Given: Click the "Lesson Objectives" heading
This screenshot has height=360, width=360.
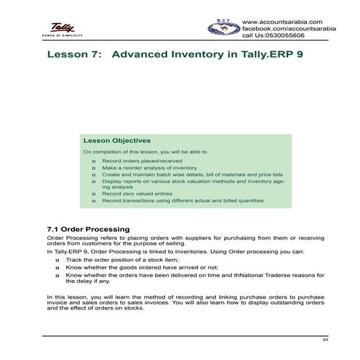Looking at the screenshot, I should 117,140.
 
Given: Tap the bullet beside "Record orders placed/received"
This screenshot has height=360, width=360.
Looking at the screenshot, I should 95,159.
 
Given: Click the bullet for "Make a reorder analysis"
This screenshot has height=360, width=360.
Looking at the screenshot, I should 95,167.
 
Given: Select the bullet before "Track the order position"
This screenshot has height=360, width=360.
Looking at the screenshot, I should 57,259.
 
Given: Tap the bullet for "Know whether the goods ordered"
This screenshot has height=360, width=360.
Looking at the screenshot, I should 57,267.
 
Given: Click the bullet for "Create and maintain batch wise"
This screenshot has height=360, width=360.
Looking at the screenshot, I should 95,175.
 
